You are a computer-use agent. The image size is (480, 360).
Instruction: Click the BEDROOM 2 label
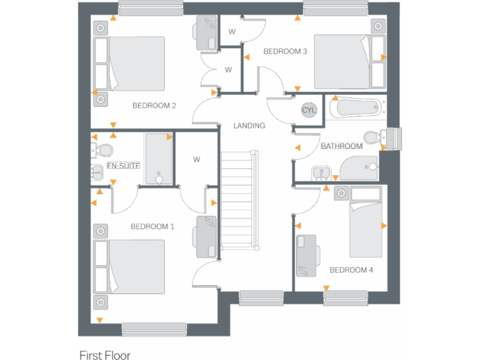coord(154,106)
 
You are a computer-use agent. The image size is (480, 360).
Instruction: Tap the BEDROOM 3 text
coord(285,51)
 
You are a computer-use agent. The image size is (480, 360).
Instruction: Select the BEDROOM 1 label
coord(152,226)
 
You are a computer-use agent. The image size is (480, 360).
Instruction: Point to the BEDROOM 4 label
coord(351,270)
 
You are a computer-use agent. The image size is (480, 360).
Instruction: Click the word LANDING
coord(249,126)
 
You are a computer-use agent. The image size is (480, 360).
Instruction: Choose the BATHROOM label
coord(341,146)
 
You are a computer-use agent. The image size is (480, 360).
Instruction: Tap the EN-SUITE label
coord(123,166)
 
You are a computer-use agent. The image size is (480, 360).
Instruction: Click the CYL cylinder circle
coord(309,110)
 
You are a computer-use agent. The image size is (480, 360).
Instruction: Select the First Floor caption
coord(105,355)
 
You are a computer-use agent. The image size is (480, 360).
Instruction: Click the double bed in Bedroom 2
coord(129,64)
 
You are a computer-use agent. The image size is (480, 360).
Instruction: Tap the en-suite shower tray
coord(159,159)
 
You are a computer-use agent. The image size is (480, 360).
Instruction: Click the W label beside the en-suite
coord(196,159)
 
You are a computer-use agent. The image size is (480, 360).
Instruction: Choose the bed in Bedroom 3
coord(349,61)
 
